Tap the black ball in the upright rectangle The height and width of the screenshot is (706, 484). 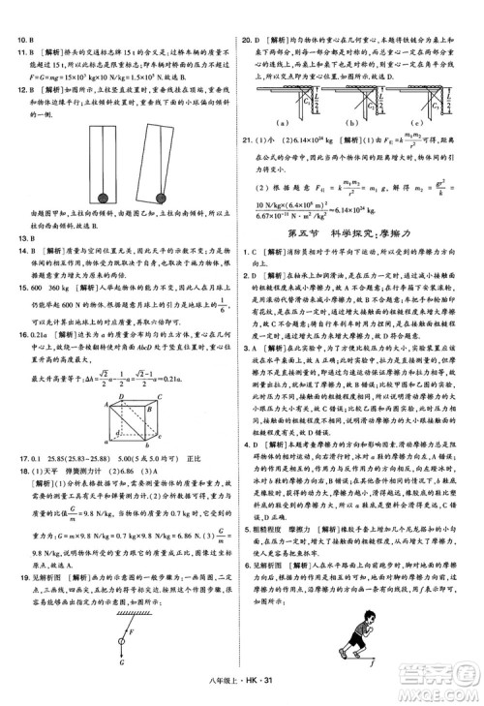103,199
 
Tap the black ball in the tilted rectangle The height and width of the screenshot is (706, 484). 160,198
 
